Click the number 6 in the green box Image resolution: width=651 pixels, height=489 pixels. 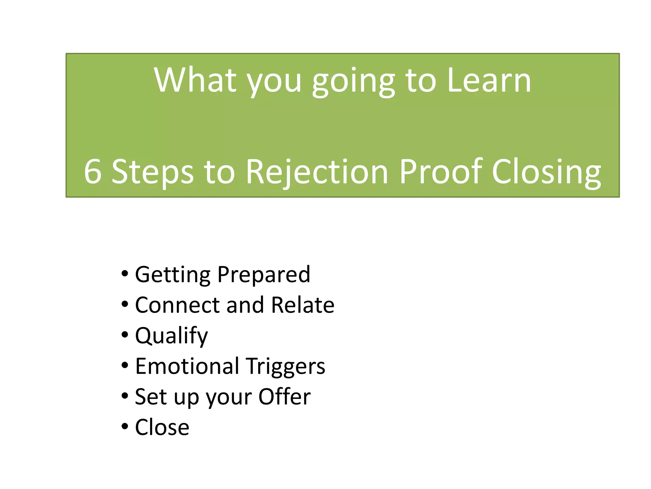[93, 172]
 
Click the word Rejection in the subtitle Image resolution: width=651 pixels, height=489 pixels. [317, 172]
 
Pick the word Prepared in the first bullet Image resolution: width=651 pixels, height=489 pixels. [264, 275]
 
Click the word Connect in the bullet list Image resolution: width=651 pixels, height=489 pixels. [177, 305]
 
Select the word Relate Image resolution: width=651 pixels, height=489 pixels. [303, 305]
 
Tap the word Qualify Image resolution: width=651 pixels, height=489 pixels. [171, 336]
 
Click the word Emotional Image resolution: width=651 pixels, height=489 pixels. [187, 366]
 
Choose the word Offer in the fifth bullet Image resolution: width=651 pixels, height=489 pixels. [284, 397]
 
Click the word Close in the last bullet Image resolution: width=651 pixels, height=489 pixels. [162, 427]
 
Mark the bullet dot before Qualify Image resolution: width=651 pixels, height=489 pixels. [125, 335]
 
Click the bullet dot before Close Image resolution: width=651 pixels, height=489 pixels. [125, 426]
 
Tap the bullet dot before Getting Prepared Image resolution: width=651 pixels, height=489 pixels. [125, 274]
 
